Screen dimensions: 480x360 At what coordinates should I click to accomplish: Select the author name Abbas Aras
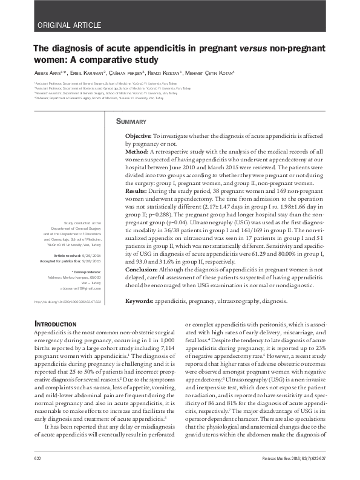pyautogui.click(x=51, y=73)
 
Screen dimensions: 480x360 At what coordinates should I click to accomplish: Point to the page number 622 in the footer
pyautogui.click(x=38, y=461)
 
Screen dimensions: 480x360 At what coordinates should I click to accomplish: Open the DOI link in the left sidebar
pyautogui.click(x=67, y=301)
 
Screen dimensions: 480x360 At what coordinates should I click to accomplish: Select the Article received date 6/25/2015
pyautogui.click(x=91, y=256)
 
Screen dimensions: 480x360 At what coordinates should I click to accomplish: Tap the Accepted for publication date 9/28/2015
pyautogui.click(x=91, y=262)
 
